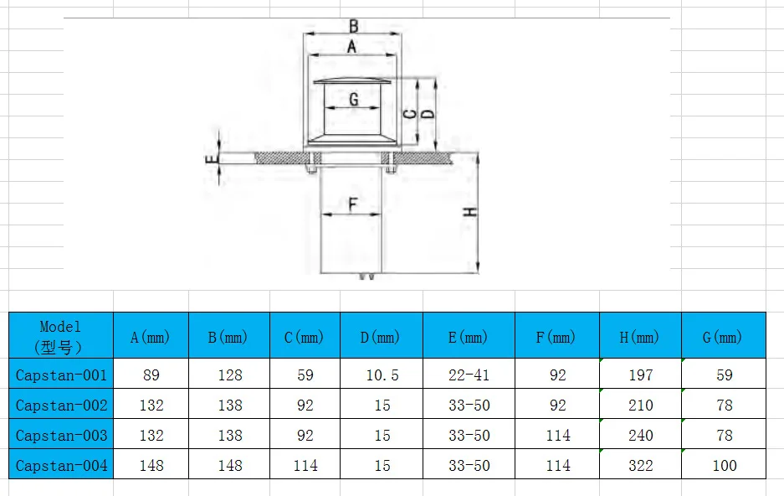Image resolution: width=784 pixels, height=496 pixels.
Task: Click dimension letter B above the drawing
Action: (353, 26)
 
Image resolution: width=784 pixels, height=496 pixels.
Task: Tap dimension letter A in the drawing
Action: (352, 47)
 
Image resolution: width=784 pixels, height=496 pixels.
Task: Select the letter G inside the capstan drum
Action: (353, 99)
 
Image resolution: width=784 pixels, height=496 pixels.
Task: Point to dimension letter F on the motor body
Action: (353, 204)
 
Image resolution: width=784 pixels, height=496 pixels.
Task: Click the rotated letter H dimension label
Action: (469, 212)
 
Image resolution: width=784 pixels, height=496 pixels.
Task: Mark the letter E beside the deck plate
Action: (212, 160)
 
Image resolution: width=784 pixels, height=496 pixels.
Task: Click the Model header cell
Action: (61, 335)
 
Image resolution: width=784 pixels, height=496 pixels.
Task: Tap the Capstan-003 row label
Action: (61, 435)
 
